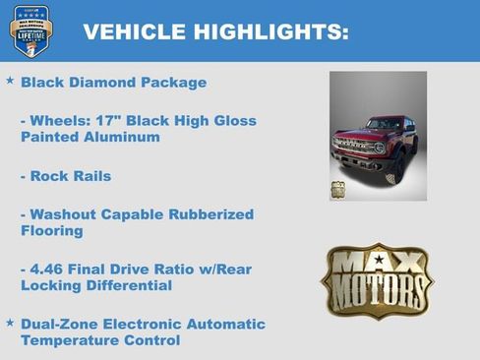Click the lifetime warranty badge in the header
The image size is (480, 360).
30,30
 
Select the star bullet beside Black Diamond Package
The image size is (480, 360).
10,81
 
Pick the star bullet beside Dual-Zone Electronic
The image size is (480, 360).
10,322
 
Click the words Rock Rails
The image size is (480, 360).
71,176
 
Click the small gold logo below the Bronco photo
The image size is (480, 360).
338,190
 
